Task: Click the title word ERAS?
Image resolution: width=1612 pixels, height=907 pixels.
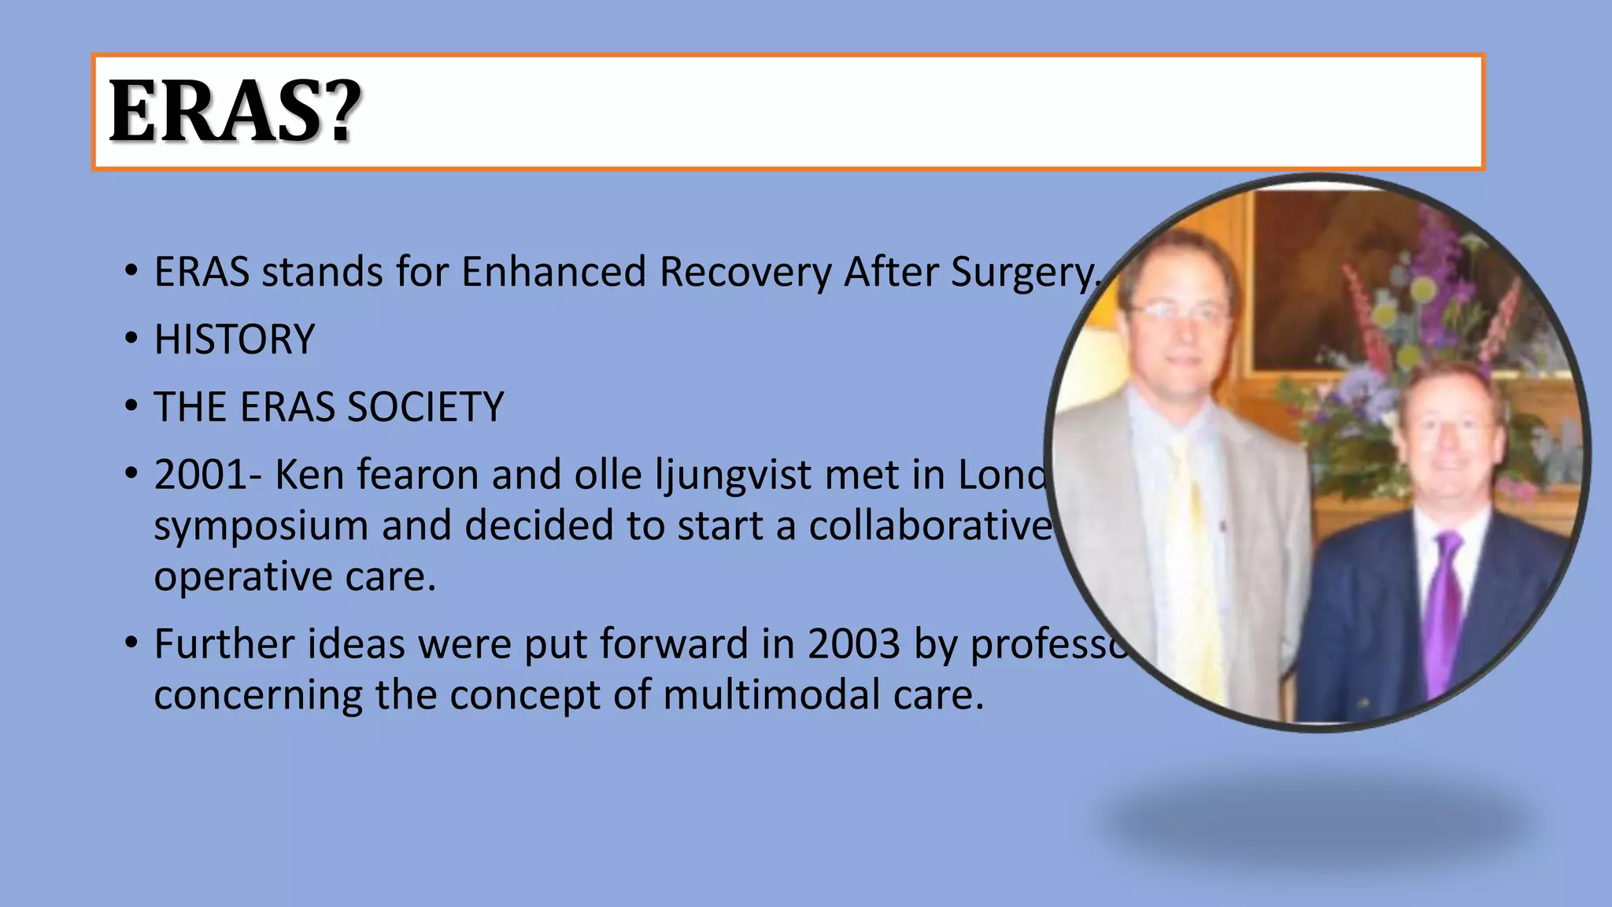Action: pyautogui.click(x=235, y=112)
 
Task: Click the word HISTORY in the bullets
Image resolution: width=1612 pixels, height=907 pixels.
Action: pyautogui.click(x=234, y=340)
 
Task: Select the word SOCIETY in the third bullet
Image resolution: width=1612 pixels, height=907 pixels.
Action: pyautogui.click(x=425, y=408)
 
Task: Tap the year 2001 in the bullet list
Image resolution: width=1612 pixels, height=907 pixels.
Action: pyautogui.click(x=200, y=476)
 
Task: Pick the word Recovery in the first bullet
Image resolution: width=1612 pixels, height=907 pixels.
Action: pyautogui.click(x=745, y=272)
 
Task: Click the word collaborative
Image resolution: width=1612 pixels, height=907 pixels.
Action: pyautogui.click(x=931, y=526)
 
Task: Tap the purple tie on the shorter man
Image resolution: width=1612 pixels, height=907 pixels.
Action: pyautogui.click(x=1445, y=606)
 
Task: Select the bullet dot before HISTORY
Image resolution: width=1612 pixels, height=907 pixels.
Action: pyautogui.click(x=131, y=340)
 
